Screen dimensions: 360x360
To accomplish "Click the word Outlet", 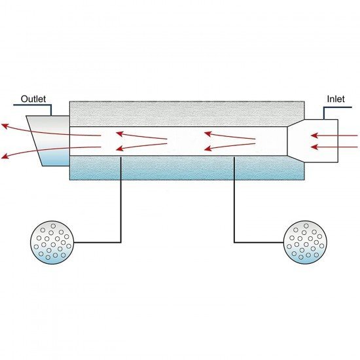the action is click(x=33, y=99).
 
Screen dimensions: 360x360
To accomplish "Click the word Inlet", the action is click(x=336, y=99).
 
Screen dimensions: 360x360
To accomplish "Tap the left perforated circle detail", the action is click(x=52, y=242).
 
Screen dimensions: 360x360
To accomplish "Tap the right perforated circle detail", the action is click(x=306, y=242).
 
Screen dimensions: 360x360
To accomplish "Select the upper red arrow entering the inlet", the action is click(x=334, y=135).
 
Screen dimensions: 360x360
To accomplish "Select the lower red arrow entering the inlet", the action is click(x=334, y=147).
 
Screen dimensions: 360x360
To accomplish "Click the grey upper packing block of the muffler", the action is click(x=187, y=114).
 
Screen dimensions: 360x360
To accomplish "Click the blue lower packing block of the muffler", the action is click(x=187, y=168).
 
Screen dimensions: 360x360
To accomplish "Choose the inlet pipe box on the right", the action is click(x=313, y=141).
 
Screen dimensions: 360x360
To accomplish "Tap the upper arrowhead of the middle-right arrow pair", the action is click(x=207, y=134).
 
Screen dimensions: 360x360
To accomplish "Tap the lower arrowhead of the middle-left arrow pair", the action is click(x=119, y=149).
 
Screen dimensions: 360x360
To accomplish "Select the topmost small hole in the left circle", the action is click(x=53, y=226).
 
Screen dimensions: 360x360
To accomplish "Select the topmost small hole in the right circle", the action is click(x=306, y=225).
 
